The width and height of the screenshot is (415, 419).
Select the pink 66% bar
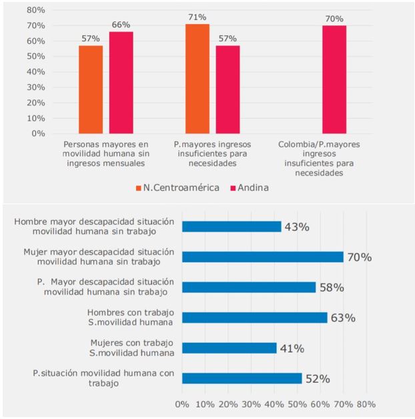pyautogui.click(x=121, y=83)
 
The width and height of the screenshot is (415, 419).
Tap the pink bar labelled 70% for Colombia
pyautogui.click(x=334, y=79)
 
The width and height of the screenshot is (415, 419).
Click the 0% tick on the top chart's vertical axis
pyautogui.click(x=38, y=133)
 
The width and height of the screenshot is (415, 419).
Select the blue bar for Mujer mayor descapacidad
pyautogui.click(x=262, y=257)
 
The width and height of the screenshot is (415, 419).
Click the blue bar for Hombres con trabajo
pyautogui.click(x=254, y=318)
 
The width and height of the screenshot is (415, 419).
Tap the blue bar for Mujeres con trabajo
pyautogui.click(x=229, y=348)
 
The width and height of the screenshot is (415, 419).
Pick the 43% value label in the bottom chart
pyautogui.click(x=297, y=227)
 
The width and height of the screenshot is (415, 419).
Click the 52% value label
pyautogui.click(x=317, y=378)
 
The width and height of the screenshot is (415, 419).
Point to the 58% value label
pyautogui.click(x=330, y=288)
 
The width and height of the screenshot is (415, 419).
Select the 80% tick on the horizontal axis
pyautogui.click(x=366, y=404)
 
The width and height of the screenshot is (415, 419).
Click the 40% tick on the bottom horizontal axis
pyautogui.click(x=274, y=404)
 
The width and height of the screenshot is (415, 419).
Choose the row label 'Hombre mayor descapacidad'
pyautogui.click(x=93, y=226)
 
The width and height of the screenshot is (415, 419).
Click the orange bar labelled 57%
pyautogui.click(x=91, y=89)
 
